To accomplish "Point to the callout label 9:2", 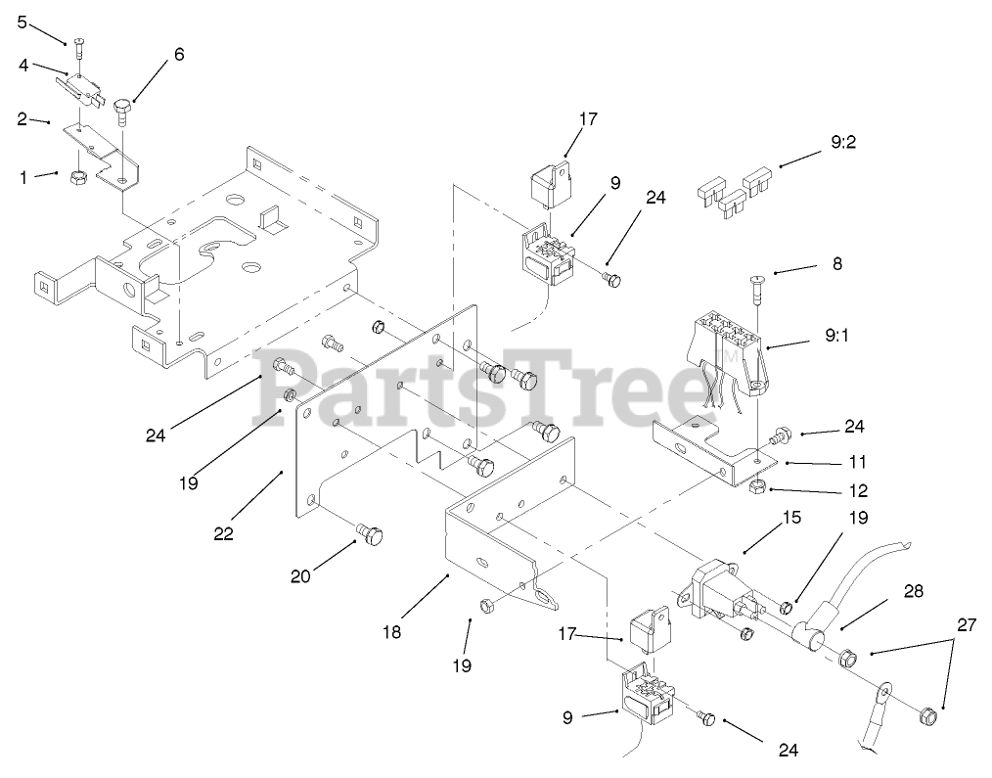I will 843,142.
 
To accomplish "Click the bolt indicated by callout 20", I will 370,534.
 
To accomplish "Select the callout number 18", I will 391,632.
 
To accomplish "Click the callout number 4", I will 23,66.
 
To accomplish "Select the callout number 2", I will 22,119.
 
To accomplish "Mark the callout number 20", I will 300,576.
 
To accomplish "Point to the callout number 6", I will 178,55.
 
